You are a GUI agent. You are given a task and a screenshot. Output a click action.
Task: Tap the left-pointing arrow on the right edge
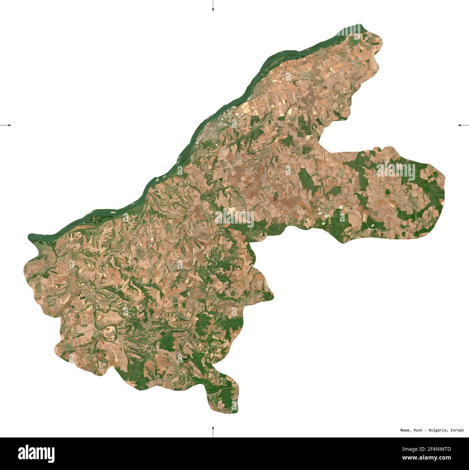[x=463, y=125]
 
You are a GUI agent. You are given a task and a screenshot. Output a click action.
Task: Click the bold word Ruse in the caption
[x=405, y=430]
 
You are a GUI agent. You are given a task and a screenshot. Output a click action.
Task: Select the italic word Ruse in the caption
[x=418, y=430]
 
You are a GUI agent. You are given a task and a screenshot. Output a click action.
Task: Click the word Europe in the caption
[x=457, y=430]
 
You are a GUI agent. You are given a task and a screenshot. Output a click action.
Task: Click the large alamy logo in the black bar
[x=36, y=454]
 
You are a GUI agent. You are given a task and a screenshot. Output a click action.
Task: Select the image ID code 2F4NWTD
[x=439, y=449]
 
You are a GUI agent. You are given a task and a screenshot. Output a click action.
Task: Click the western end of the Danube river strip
[x=30, y=237]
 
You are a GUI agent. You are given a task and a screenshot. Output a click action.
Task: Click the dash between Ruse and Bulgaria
[x=425, y=430]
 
